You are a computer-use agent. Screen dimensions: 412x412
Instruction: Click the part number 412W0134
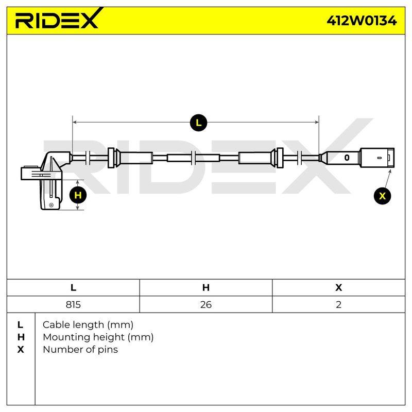[x=362, y=21]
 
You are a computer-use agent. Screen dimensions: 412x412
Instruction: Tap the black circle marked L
[x=199, y=123]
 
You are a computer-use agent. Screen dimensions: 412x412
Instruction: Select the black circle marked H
[x=78, y=195]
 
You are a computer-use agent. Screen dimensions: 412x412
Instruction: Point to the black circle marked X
[x=382, y=196]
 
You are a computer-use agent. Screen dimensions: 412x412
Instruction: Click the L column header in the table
[x=73, y=287]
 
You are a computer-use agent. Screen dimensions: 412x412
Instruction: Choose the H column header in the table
[x=205, y=287]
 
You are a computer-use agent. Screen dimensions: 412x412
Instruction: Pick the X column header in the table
[x=339, y=287]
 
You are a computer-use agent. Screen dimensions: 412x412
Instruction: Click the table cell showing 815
[x=73, y=304]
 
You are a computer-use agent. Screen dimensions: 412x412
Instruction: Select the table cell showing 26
[x=205, y=304]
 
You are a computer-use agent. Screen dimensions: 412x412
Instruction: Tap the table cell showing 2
[x=339, y=304]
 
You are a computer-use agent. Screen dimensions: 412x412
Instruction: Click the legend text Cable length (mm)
[x=88, y=325]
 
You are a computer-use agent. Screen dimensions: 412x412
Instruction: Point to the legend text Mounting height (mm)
[x=98, y=337]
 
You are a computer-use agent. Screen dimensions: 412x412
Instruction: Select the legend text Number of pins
[x=80, y=350]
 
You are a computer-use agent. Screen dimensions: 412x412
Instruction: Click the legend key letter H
[x=21, y=337]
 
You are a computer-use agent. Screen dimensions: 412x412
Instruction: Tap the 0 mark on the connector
[x=347, y=158]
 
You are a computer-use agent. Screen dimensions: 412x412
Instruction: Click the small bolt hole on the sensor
[x=51, y=205]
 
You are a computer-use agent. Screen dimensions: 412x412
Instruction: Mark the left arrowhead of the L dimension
[x=74, y=122]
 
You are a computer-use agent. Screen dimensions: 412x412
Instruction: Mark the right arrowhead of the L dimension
[x=317, y=122]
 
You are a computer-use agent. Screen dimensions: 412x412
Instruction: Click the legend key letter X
[x=21, y=350]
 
